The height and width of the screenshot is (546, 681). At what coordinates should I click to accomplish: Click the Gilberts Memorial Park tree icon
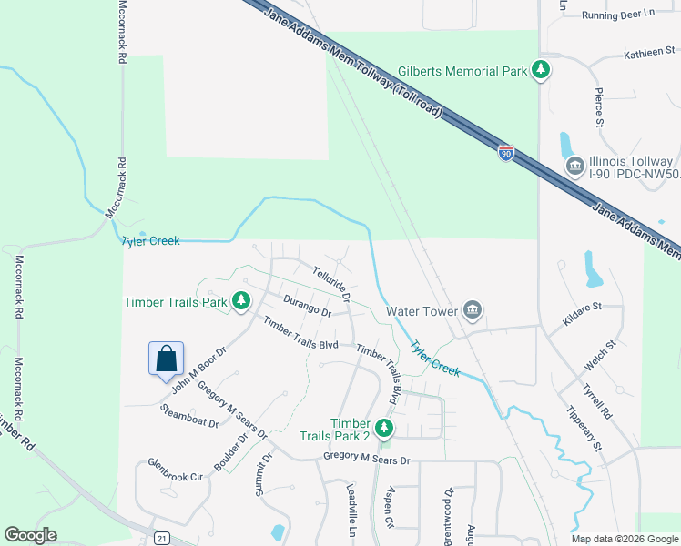coord(541,70)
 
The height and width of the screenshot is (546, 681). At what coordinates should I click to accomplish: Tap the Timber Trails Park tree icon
coord(240,300)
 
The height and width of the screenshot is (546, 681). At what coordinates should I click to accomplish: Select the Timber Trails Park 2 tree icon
coord(384,426)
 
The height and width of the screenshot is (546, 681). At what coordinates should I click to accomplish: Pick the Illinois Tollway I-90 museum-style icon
coord(574,166)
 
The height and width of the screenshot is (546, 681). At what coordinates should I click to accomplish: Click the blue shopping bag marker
coord(167,359)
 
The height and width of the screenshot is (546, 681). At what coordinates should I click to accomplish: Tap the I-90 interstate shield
coord(506,152)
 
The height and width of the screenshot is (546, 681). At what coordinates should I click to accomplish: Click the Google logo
coord(30,535)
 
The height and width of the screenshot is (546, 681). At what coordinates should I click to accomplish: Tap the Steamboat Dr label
coord(189,415)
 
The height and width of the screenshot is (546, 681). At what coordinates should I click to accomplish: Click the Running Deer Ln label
coord(619,15)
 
